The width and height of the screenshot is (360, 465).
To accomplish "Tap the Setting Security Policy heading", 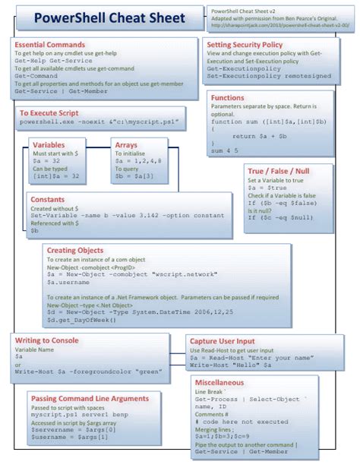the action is (x=251, y=45).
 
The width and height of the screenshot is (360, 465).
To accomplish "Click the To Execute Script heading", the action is (x=49, y=112).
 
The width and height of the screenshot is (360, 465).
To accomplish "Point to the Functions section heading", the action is (x=228, y=98).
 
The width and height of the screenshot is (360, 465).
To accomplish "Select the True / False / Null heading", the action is (x=280, y=173).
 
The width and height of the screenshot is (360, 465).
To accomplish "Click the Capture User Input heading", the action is (x=231, y=341).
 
